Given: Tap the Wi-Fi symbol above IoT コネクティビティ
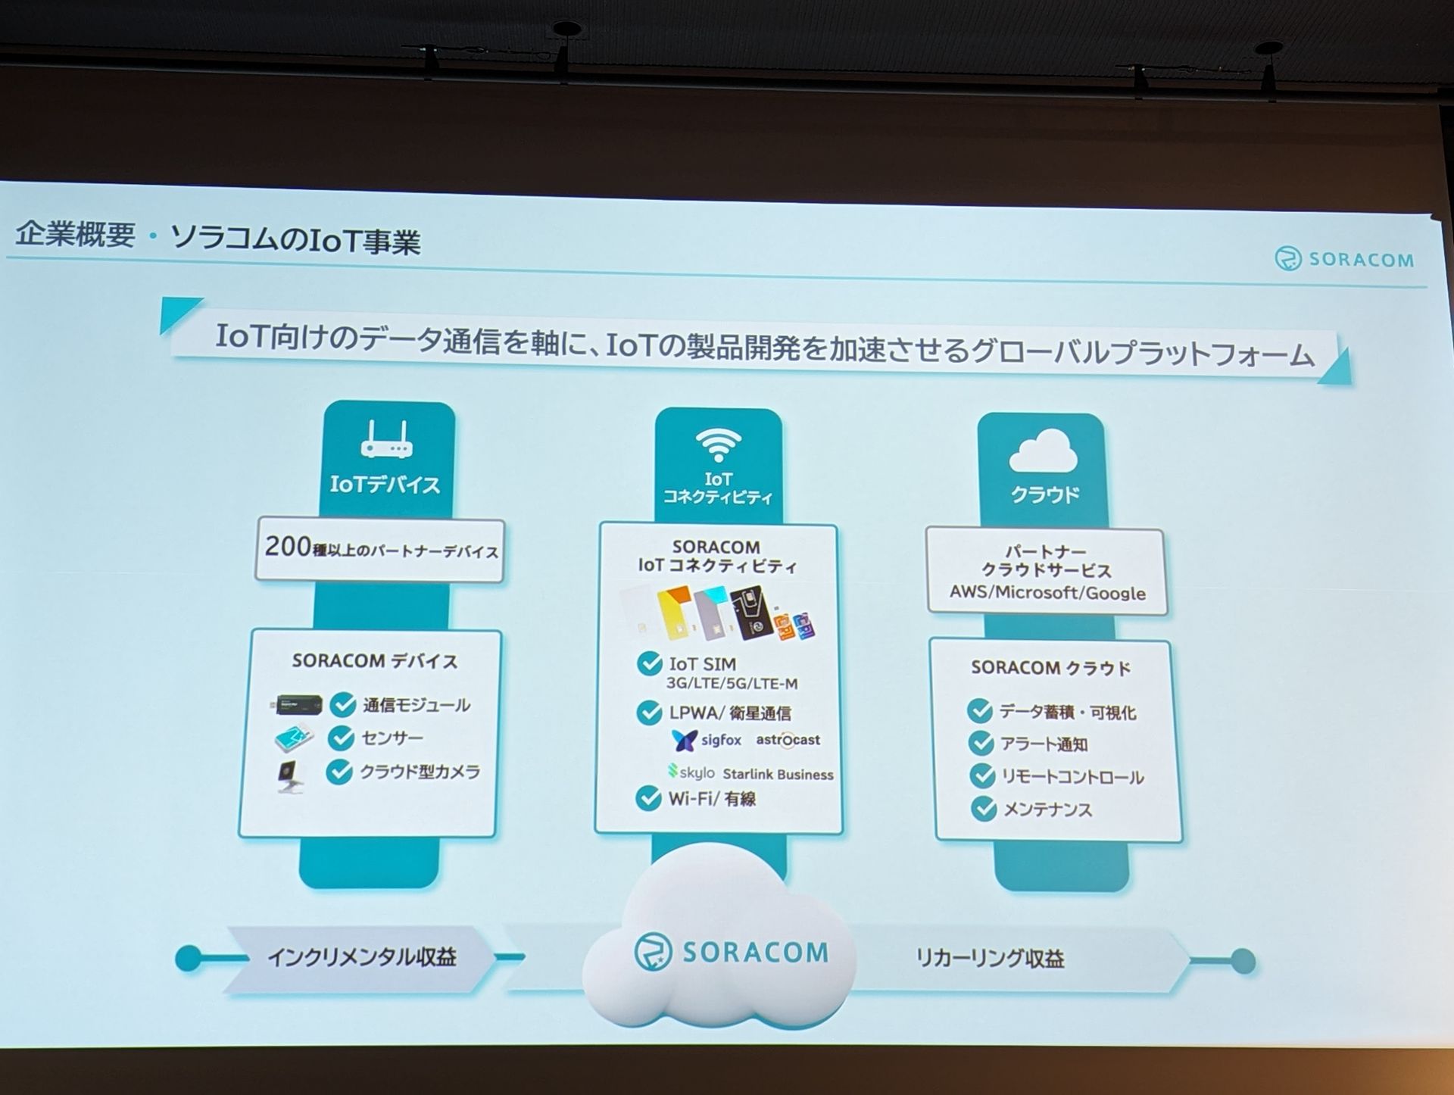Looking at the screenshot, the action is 718,445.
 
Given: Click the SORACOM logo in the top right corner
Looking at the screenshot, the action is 1344,259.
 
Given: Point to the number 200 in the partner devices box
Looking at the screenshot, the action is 287,546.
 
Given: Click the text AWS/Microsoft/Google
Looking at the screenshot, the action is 1047,592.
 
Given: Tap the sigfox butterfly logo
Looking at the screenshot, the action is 685,740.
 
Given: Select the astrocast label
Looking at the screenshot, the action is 788,740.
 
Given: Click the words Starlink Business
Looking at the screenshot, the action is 778,774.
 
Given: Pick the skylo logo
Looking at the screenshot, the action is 691,772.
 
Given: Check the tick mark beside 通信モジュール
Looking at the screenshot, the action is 343,704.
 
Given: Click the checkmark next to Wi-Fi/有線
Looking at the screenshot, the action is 649,798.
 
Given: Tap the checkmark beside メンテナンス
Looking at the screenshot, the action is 984,809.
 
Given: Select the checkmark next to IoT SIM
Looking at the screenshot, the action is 650,664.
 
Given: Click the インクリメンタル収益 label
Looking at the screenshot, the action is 362,957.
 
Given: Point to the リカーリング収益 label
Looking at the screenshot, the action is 990,959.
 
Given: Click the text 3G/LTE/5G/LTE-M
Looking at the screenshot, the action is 732,684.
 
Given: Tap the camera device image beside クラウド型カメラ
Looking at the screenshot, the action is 290,776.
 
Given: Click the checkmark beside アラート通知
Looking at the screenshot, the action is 981,743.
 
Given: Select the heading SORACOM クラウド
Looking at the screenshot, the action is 1050,668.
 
